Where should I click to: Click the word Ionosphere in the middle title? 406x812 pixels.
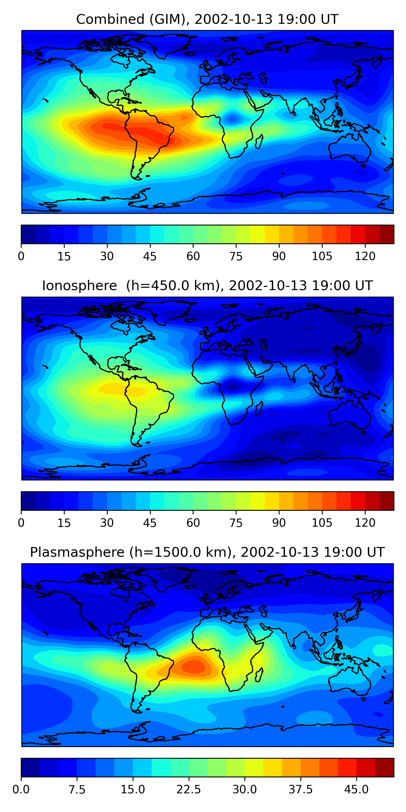(79, 286)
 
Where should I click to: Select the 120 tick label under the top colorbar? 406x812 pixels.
(365, 256)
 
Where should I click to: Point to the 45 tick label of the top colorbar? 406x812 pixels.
(150, 256)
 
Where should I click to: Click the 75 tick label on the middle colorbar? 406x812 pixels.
(236, 523)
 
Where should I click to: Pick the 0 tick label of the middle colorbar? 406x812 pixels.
(21, 523)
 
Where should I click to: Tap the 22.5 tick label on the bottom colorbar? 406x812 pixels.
(188, 789)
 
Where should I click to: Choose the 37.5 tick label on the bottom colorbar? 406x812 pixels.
(300, 789)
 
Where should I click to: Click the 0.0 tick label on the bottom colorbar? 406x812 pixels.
(21, 789)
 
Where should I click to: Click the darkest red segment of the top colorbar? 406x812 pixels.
(387, 234)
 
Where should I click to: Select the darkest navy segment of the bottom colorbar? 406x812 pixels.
(30, 767)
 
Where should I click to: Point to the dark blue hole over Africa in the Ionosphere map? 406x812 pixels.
(233, 386)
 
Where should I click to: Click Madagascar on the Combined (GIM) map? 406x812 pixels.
(259, 142)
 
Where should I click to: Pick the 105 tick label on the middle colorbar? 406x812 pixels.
(322, 523)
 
